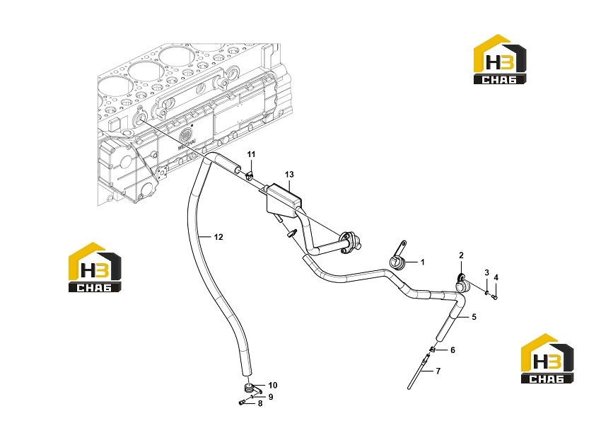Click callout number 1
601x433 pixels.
[422, 262]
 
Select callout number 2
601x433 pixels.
[461, 255]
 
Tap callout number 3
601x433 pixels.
[486, 272]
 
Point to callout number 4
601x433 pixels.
[496, 277]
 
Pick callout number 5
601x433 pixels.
[474, 317]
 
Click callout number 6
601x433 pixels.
[453, 350]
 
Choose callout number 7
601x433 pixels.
[438, 371]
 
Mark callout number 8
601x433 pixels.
[260, 403]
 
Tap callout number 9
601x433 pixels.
[271, 397]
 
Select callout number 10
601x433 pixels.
[272, 385]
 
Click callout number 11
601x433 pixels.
[251, 154]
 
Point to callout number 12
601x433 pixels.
[218, 237]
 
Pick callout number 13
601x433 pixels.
[289, 175]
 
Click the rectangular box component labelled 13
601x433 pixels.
[284, 202]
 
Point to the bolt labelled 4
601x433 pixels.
[494, 296]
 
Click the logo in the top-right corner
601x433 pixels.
[500, 59]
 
